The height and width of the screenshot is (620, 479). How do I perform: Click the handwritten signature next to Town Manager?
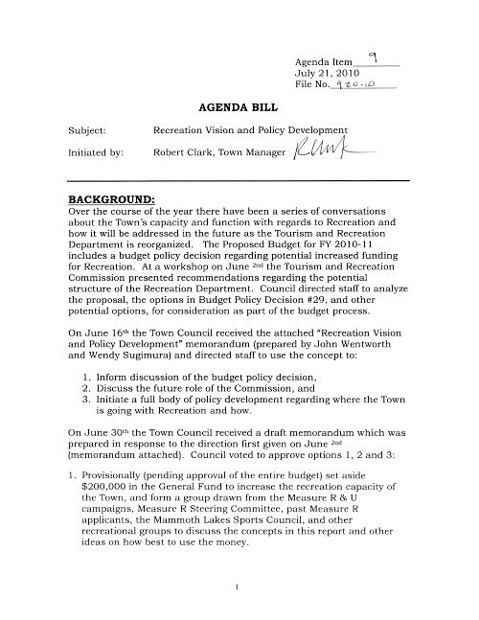(323, 150)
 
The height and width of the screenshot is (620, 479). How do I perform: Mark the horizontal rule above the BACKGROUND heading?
(239, 180)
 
